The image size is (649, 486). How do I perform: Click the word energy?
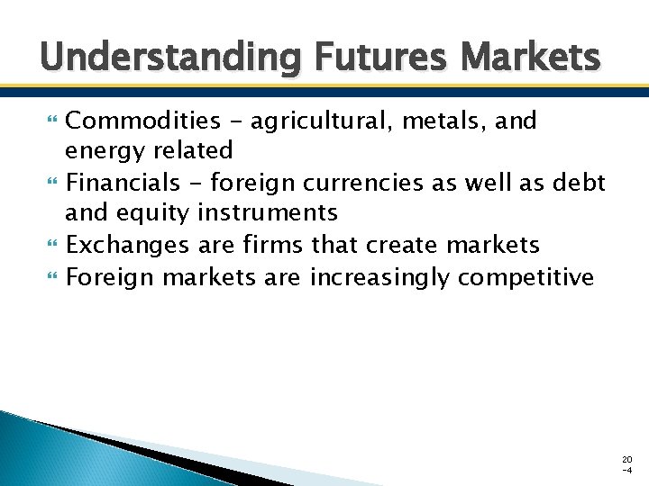click(x=105, y=149)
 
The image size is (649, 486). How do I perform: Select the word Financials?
click(x=123, y=183)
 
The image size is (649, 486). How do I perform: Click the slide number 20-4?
click(x=626, y=464)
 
